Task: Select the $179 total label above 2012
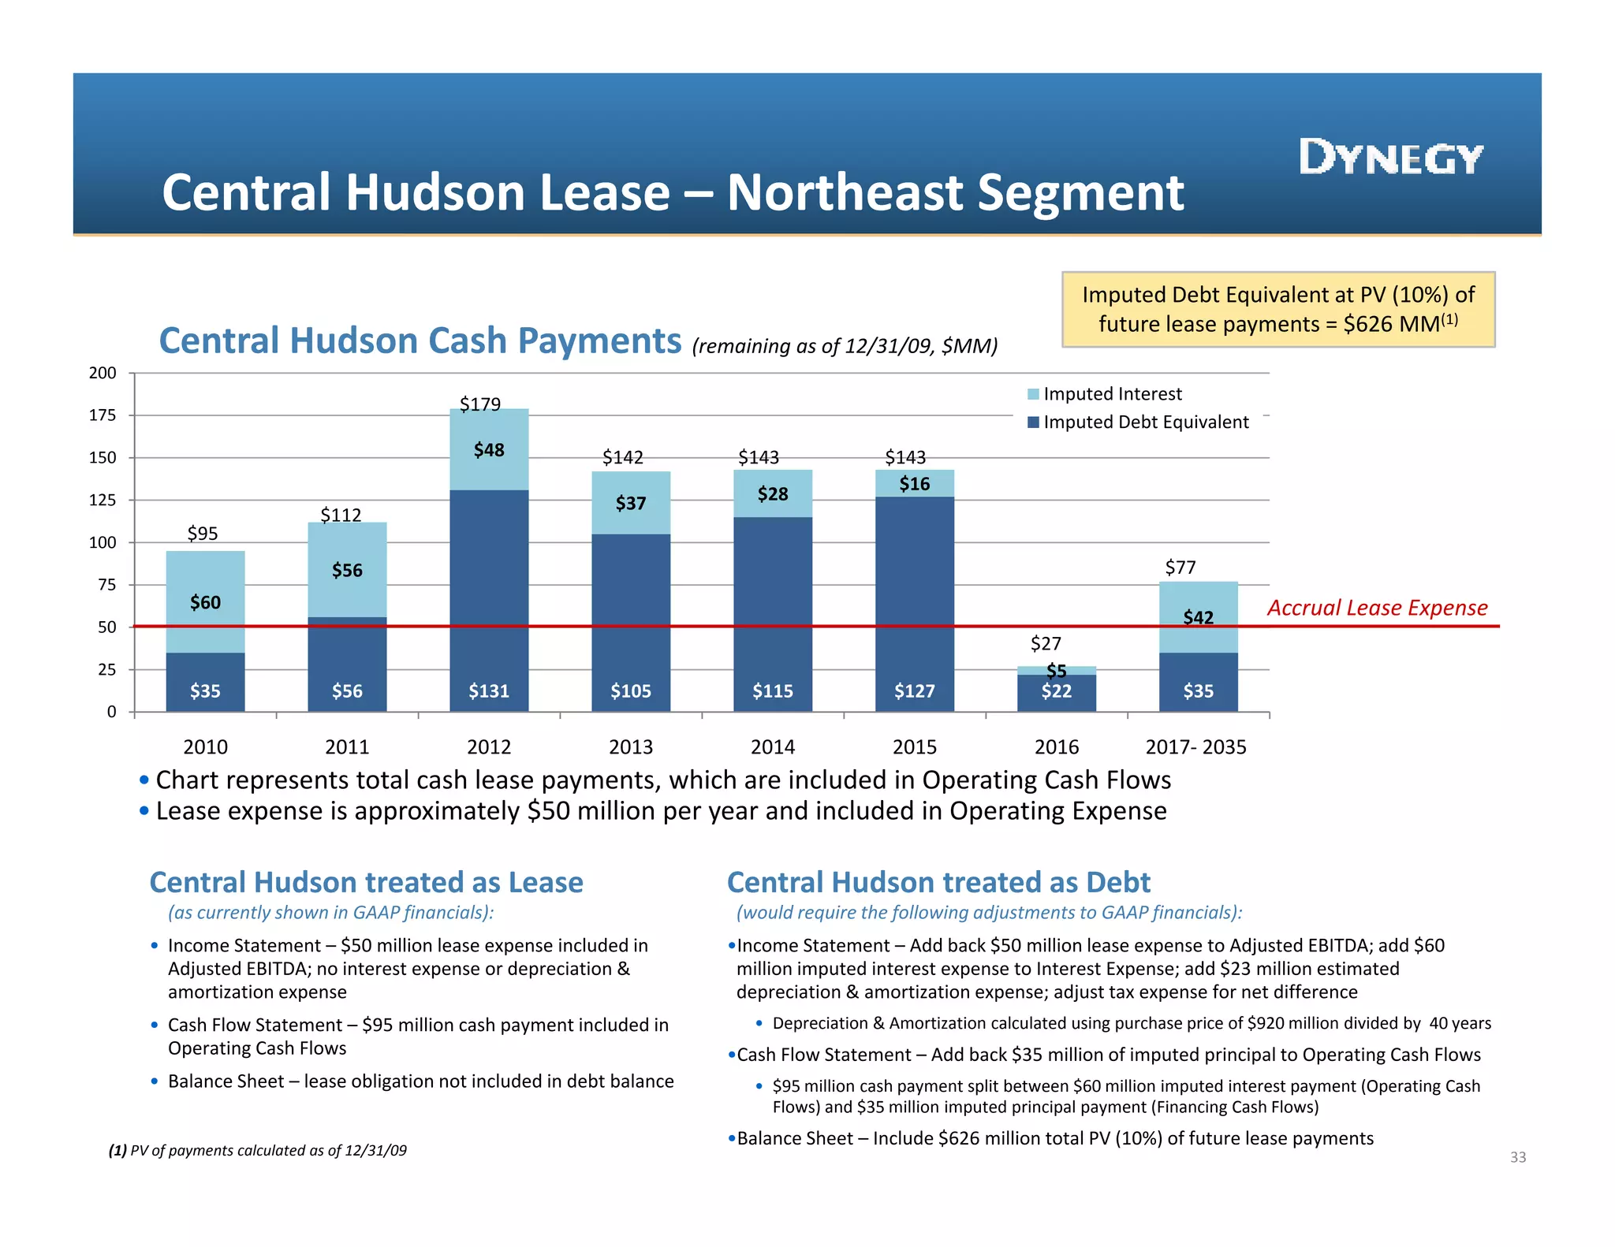pos(479,404)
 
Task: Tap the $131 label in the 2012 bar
pos(489,691)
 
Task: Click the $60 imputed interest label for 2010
pos(205,603)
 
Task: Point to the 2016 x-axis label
pos(1056,746)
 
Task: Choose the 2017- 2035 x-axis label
pos(1195,746)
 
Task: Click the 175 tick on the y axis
pos(103,415)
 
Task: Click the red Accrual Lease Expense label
pos(1377,608)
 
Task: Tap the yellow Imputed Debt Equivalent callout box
pos(1277,309)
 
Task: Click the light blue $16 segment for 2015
pos(915,483)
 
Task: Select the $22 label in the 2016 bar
pos(1056,692)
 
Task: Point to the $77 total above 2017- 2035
pos(1180,568)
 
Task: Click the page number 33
pos(1518,1157)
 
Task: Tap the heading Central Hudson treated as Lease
pos(366,882)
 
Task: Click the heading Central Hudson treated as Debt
pos(938,882)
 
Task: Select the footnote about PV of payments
pos(258,1150)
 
